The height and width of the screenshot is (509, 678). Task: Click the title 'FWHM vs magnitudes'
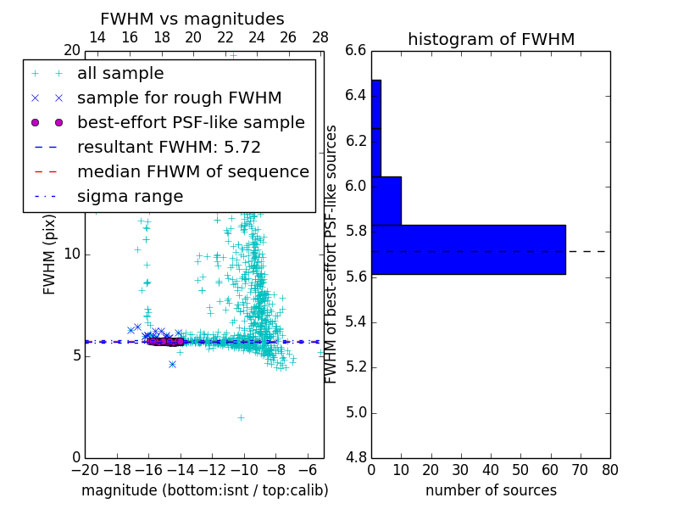pyautogui.click(x=192, y=20)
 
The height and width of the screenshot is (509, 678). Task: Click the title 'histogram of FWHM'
pyautogui.click(x=491, y=39)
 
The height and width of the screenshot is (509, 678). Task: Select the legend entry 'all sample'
pyautogui.click(x=120, y=74)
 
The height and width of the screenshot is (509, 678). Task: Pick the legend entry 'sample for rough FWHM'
pyautogui.click(x=179, y=98)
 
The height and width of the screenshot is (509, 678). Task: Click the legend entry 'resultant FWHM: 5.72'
pyautogui.click(x=169, y=147)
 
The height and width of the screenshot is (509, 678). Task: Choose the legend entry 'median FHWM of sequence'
pyautogui.click(x=192, y=171)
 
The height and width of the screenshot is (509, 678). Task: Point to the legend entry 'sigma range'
pyautogui.click(x=130, y=196)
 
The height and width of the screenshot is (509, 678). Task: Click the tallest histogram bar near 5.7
pyautogui.click(x=468, y=249)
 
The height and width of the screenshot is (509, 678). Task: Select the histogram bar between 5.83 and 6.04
pyautogui.click(x=386, y=201)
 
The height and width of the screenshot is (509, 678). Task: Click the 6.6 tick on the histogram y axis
pyautogui.click(x=356, y=50)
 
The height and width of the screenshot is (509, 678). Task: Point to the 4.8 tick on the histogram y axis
pyautogui.click(x=356, y=458)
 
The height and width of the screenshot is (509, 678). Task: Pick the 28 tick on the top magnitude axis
pyautogui.click(x=320, y=37)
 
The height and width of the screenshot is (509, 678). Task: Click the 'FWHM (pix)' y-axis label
pyautogui.click(x=50, y=254)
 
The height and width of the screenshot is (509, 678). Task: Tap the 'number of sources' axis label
pyautogui.click(x=491, y=490)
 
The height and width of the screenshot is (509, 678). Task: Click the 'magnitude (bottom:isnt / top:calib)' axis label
pyautogui.click(x=204, y=490)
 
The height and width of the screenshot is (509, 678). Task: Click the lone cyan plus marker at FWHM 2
pyautogui.click(x=241, y=417)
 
